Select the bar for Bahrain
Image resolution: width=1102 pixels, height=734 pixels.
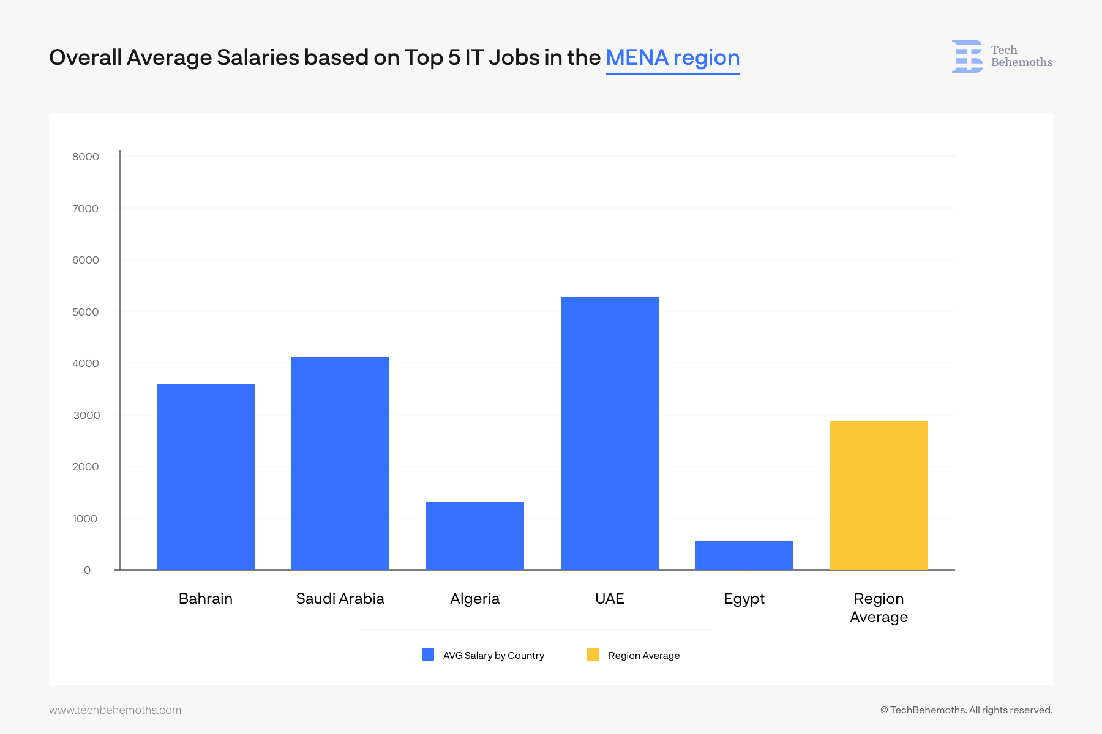[206, 477]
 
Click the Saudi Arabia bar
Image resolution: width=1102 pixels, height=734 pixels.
[340, 463]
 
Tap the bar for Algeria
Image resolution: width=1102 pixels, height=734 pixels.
[475, 536]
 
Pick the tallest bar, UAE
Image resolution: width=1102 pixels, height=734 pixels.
[610, 433]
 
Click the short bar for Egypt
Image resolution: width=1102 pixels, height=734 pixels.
[744, 555]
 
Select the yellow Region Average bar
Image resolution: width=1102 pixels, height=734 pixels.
[879, 495]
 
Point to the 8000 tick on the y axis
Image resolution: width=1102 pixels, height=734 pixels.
[86, 157]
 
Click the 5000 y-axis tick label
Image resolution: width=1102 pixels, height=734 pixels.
[86, 312]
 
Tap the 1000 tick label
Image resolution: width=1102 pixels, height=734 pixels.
[85, 519]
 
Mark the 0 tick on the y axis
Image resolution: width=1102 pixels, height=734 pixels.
[88, 570]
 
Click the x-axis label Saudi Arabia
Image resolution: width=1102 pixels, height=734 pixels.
[340, 598]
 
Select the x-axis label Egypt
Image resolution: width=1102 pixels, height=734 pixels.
[744, 598]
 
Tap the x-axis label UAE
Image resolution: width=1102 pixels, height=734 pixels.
[610, 598]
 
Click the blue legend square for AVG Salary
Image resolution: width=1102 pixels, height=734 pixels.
[428, 654]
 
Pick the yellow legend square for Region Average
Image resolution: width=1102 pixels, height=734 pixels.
[593, 654]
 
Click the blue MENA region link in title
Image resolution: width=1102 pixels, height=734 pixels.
[673, 57]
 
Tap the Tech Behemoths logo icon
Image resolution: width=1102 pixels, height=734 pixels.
[968, 56]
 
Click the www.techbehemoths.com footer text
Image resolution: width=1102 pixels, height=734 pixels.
[115, 710]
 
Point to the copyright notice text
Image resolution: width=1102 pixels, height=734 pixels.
[966, 710]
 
